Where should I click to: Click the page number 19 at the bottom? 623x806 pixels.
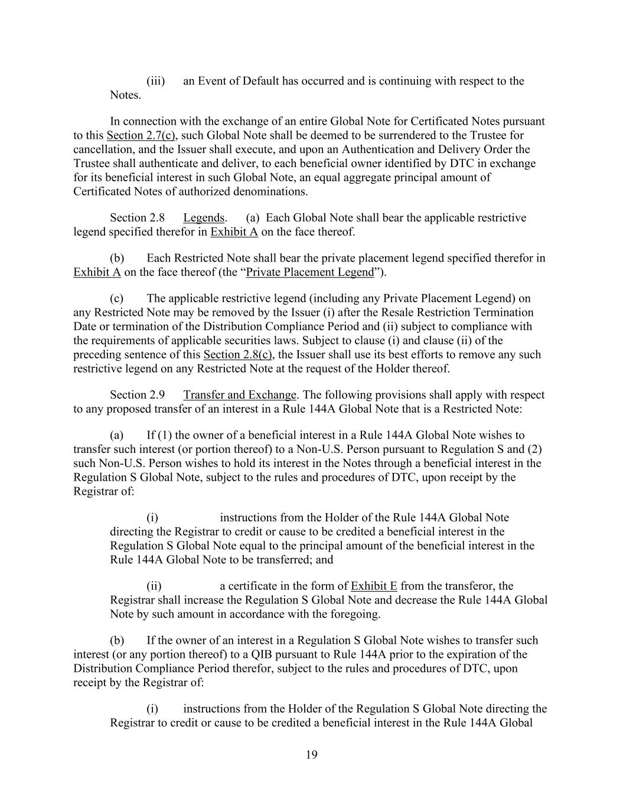pos(312,754)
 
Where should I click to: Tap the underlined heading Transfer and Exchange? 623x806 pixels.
pos(240,395)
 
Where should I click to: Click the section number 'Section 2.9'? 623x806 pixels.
pos(137,395)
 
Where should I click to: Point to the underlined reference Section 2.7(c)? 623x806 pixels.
pos(141,135)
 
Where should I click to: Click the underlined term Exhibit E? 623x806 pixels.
pos(374,586)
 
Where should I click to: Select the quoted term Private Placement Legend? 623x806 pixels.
pos(310,272)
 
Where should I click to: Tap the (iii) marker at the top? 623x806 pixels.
pos(155,81)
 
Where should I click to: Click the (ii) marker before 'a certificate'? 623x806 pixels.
pos(154,586)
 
